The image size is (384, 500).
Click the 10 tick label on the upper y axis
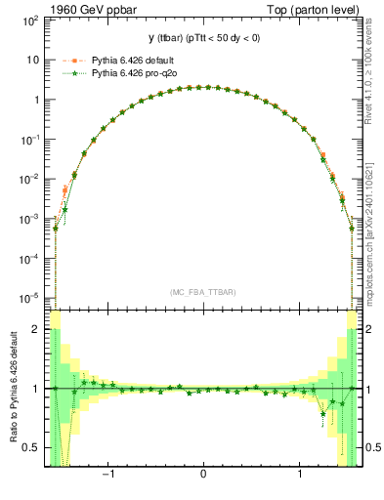(33, 60)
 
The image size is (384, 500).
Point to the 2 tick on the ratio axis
(37, 330)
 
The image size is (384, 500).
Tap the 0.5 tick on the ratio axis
(33, 447)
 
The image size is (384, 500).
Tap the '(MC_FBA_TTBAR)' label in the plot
(203, 291)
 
